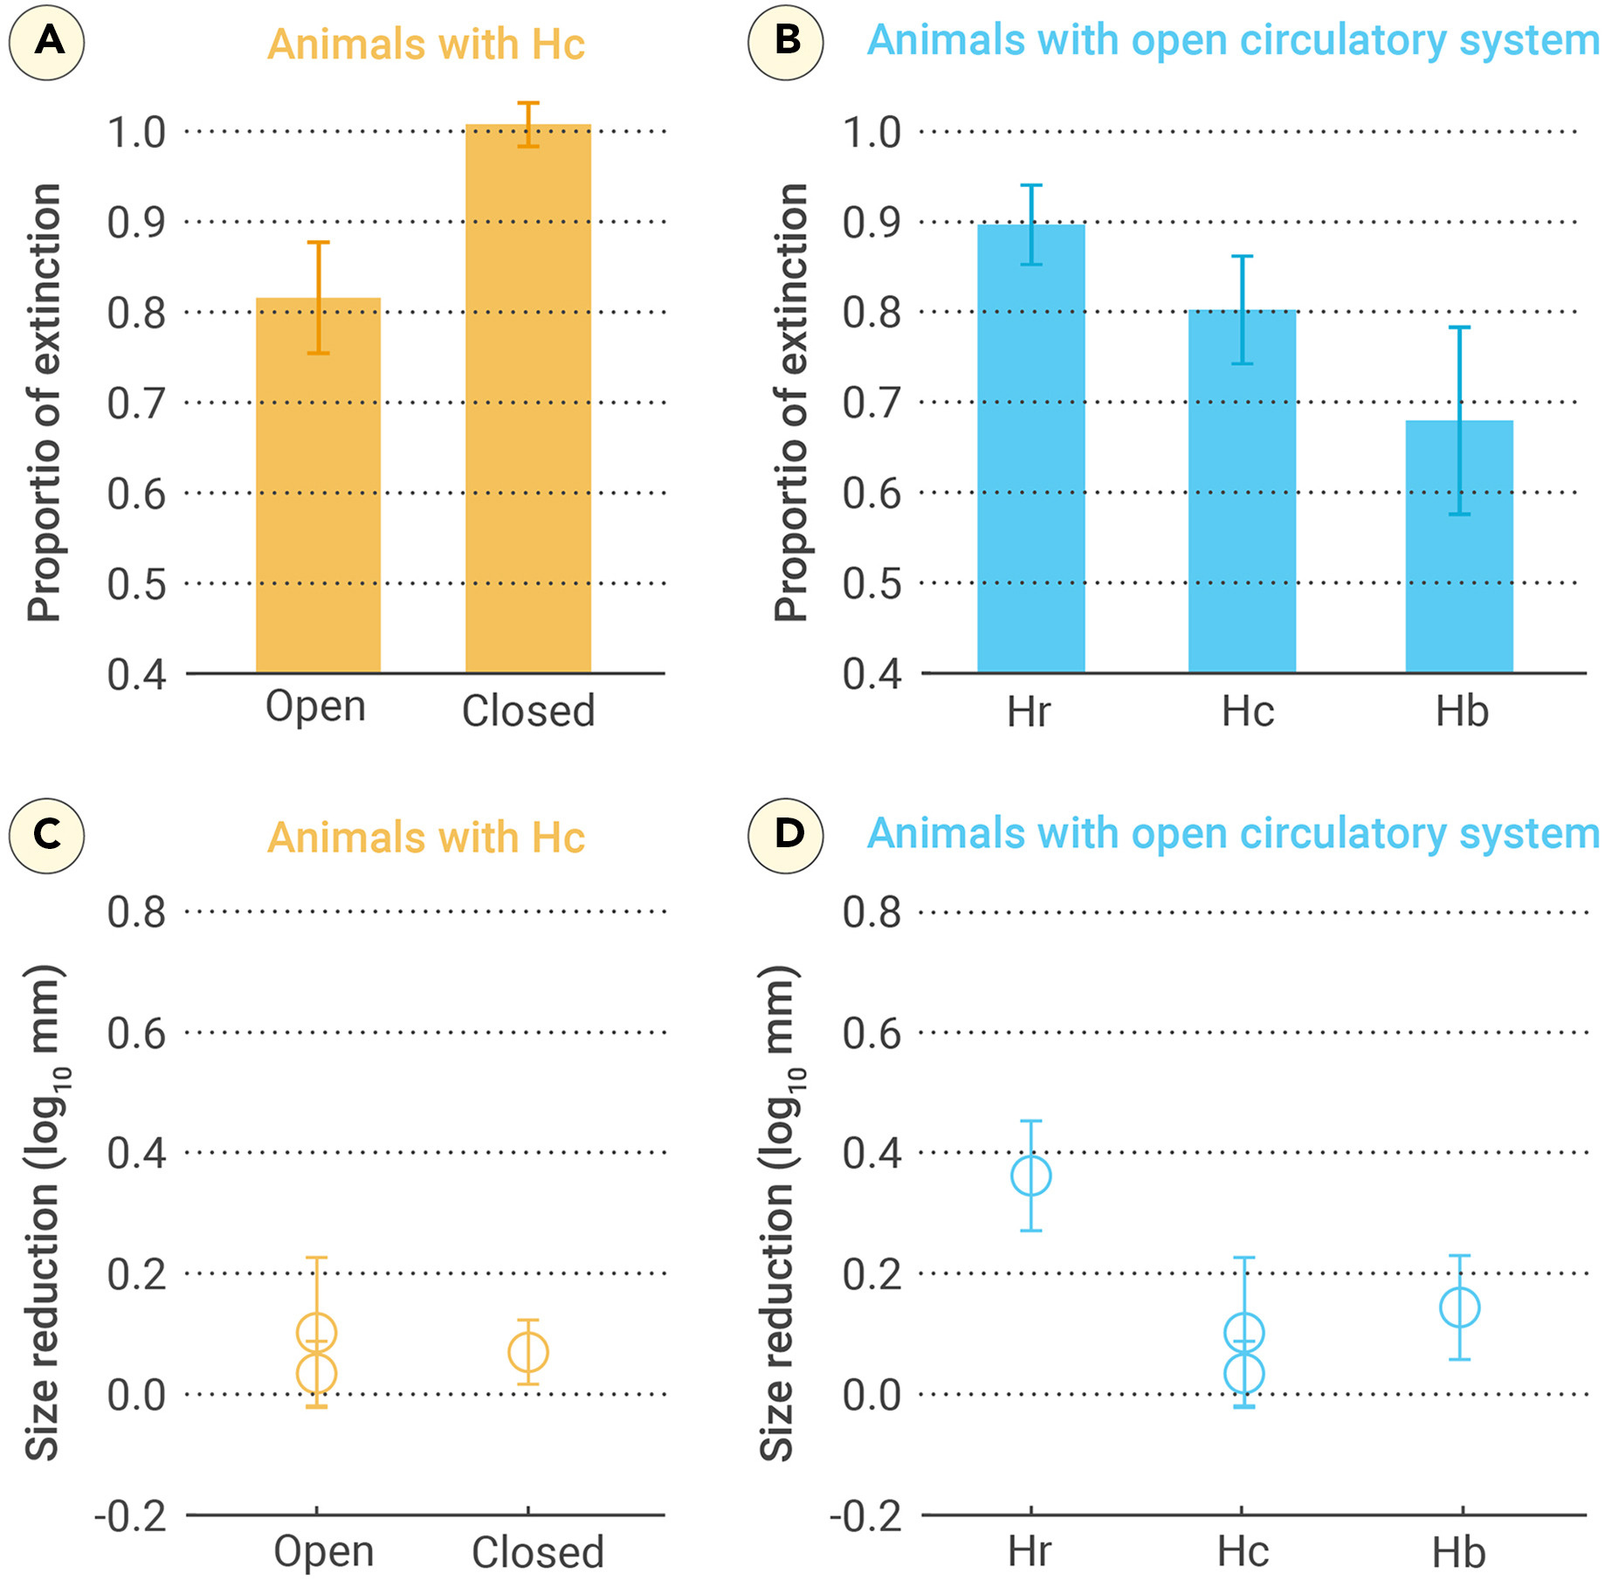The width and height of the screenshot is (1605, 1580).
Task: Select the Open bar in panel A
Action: pos(318,489)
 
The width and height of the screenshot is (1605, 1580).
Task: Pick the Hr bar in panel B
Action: pos(1030,454)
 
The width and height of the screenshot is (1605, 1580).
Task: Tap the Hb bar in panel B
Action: pos(1458,550)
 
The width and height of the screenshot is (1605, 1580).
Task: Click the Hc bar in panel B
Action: pos(1242,498)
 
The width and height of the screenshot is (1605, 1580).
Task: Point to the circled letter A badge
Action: pos(47,42)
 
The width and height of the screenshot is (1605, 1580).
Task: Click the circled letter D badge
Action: pos(786,835)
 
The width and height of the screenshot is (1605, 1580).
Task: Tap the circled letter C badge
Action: pos(47,835)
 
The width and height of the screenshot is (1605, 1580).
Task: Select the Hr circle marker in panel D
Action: pos(1030,1176)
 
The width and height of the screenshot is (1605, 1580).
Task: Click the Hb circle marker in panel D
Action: pos(1459,1307)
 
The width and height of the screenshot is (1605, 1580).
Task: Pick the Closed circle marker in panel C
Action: pos(527,1353)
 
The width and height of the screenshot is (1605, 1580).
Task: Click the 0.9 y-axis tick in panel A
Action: pos(136,223)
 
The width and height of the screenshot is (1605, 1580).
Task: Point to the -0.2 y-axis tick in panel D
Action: pos(865,1517)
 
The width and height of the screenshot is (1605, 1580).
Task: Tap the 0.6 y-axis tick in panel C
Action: pos(136,1033)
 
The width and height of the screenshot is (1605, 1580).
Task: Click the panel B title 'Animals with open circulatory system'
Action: pos(1232,41)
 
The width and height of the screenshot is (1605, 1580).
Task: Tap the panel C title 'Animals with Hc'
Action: pos(426,838)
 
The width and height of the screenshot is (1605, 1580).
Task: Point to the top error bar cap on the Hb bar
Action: pos(1459,328)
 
